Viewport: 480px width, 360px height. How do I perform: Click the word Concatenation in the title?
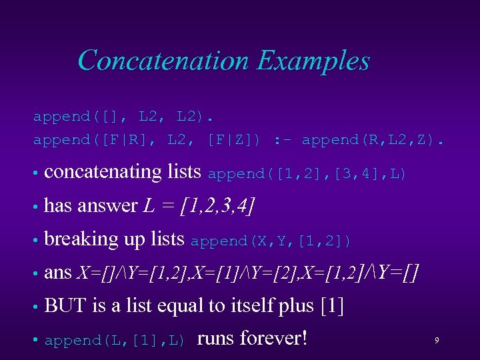[163, 61]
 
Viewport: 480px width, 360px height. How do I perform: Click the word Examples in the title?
[313, 61]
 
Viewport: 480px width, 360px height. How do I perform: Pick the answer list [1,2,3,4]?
[217, 206]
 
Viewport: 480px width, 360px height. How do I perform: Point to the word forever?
[274, 338]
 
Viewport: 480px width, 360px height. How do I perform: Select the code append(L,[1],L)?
[114, 341]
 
